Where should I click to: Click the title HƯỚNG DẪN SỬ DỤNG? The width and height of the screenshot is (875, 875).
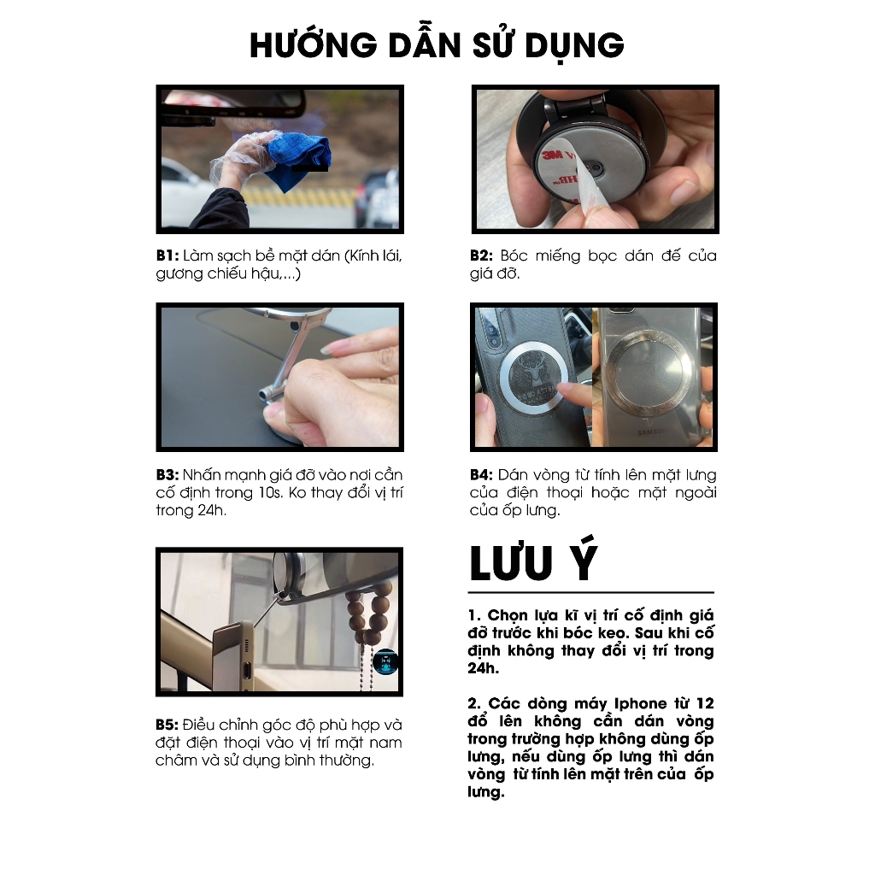point(437,44)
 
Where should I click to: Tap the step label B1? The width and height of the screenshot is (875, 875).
point(167,255)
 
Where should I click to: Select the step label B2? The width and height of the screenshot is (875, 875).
point(482,255)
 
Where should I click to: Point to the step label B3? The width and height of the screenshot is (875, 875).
point(167,475)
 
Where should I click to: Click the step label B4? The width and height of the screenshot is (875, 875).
point(482,475)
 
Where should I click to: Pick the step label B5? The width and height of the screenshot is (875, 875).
point(167,725)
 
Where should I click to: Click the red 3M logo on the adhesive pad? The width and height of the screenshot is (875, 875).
point(553,154)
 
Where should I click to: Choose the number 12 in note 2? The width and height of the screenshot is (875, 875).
point(705,703)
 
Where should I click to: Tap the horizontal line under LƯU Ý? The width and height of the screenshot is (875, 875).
point(591,592)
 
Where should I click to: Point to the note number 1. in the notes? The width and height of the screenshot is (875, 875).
point(474,615)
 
